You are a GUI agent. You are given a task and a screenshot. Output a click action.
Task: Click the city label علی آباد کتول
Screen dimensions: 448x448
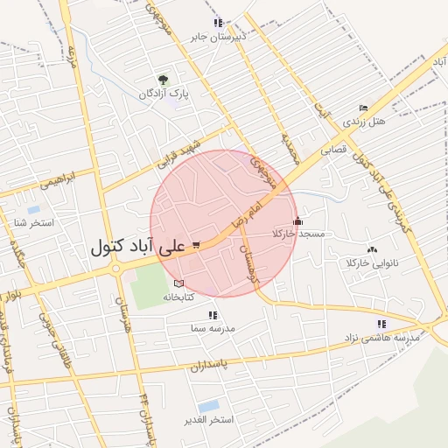(137, 248)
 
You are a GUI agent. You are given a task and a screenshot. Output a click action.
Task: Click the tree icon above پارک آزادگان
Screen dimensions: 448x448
(163, 80)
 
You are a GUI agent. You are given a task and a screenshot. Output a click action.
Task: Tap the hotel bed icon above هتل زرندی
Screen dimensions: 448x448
(364, 107)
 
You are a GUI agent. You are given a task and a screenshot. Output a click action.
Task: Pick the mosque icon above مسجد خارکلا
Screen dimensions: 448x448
(299, 220)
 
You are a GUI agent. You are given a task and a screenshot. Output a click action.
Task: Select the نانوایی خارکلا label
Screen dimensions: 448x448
(373, 262)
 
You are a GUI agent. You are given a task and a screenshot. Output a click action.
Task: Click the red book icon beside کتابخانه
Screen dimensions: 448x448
(179, 284)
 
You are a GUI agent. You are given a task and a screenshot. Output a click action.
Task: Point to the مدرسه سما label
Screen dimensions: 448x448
(211, 328)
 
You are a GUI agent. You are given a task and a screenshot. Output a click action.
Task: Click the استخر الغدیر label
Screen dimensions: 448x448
(207, 420)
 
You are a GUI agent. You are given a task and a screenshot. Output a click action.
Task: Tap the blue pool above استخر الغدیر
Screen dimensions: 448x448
(208, 406)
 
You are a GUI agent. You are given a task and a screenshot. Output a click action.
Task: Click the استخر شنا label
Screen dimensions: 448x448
(33, 223)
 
